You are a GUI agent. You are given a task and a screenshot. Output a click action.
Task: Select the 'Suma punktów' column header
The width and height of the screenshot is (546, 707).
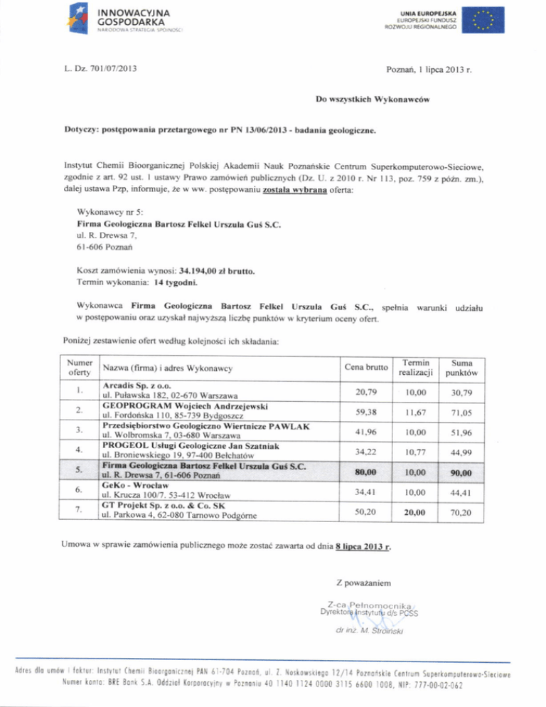pos(461,367)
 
